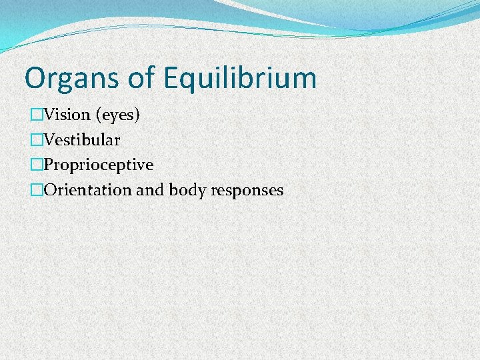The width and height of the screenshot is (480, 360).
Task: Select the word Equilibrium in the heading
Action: coord(239,79)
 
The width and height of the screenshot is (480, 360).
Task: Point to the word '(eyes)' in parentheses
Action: coord(118,115)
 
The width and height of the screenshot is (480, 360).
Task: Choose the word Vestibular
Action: coord(82,140)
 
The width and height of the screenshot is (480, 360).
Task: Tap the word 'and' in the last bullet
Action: coord(151,190)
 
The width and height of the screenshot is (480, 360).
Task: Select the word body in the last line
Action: coord(187,190)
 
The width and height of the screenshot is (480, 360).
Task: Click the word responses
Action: coord(247,191)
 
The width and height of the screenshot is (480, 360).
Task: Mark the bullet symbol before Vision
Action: coord(37,115)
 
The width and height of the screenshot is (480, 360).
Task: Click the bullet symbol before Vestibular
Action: coord(37,140)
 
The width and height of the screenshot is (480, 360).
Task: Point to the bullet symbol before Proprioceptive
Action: coord(37,165)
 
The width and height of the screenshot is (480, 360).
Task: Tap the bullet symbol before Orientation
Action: coord(37,190)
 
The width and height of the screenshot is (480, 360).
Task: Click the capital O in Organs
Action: coord(34,79)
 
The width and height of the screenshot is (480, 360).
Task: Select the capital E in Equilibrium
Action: coord(169,79)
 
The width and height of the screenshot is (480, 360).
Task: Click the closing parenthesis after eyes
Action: coord(137,115)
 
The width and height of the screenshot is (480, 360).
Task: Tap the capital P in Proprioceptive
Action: coord(49,165)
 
